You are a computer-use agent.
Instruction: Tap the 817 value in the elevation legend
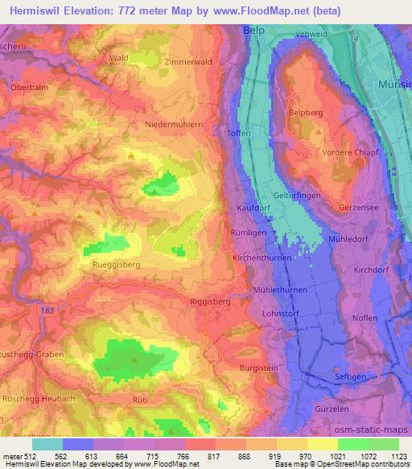[200, 454]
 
